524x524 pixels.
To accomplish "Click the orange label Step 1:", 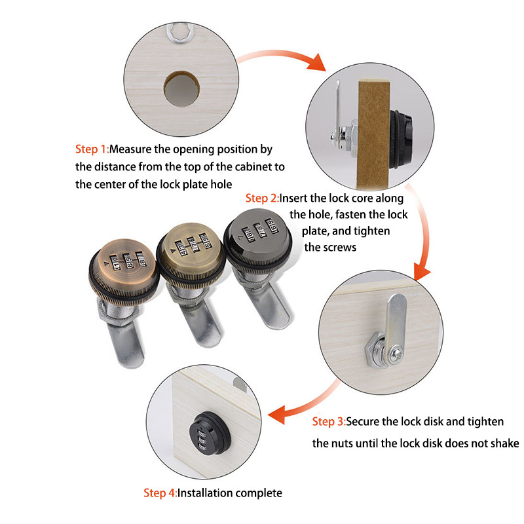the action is (92, 149).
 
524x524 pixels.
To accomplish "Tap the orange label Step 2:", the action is (263, 198).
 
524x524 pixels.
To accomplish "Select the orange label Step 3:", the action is (329, 421).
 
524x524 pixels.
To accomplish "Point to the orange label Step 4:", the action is (160, 493).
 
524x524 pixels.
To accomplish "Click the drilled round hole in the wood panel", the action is (182, 89).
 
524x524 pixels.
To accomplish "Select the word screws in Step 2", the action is (339, 248).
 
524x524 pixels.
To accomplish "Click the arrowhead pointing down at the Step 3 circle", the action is (421, 272).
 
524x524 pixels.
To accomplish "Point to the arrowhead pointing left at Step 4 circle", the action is (277, 415).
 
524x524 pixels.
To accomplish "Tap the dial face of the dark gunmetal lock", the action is (258, 230).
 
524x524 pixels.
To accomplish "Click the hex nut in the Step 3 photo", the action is (373, 351).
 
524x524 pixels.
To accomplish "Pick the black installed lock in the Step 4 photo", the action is (210, 433).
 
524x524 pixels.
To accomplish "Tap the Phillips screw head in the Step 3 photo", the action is (397, 353).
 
